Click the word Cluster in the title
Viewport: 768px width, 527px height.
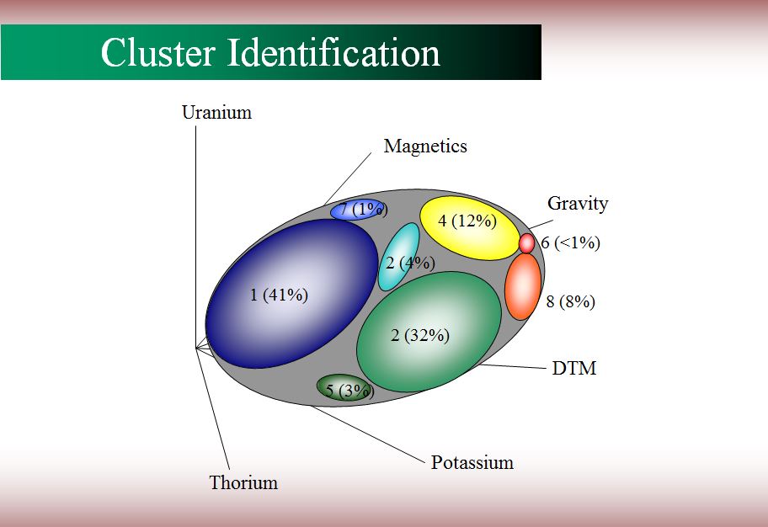pyautogui.click(x=157, y=52)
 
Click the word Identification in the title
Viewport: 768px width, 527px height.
pyautogui.click(x=334, y=52)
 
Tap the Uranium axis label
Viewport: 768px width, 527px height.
pyautogui.click(x=216, y=112)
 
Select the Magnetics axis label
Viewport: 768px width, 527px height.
pyautogui.click(x=425, y=146)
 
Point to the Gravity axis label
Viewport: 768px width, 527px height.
pyautogui.click(x=578, y=203)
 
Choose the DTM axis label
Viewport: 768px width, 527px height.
pyautogui.click(x=574, y=369)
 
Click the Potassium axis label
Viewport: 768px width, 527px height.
pyautogui.click(x=472, y=462)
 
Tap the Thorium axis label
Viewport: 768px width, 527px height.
pyautogui.click(x=243, y=482)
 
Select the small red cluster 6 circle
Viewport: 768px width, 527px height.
pyautogui.click(x=526, y=243)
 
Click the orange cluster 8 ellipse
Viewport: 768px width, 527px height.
pyautogui.click(x=523, y=286)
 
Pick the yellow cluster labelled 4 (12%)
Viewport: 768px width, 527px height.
pyautogui.click(x=470, y=228)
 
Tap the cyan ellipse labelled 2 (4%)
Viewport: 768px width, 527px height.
pyautogui.click(x=398, y=257)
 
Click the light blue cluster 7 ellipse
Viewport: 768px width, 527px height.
pyautogui.click(x=357, y=210)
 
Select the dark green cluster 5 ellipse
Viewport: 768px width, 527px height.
pyautogui.click(x=344, y=388)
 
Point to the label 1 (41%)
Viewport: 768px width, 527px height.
pyautogui.click(x=280, y=295)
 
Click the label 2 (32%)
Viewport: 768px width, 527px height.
pyautogui.click(x=420, y=335)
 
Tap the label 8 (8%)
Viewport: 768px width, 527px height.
pyautogui.click(x=571, y=301)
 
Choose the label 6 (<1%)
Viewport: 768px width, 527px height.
pyautogui.click(x=571, y=242)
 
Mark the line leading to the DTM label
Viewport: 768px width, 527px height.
pyautogui.click(x=512, y=366)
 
